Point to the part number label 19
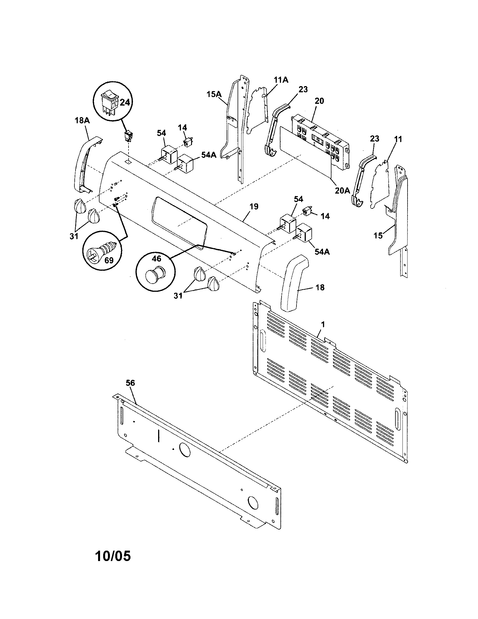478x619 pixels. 254,207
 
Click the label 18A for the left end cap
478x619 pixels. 82,121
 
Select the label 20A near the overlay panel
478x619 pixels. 342,191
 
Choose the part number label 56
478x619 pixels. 130,383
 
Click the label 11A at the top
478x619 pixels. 281,80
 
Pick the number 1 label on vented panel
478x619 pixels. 323,324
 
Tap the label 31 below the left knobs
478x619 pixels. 74,236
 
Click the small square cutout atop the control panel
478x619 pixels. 129,161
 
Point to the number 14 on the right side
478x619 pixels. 325,216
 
